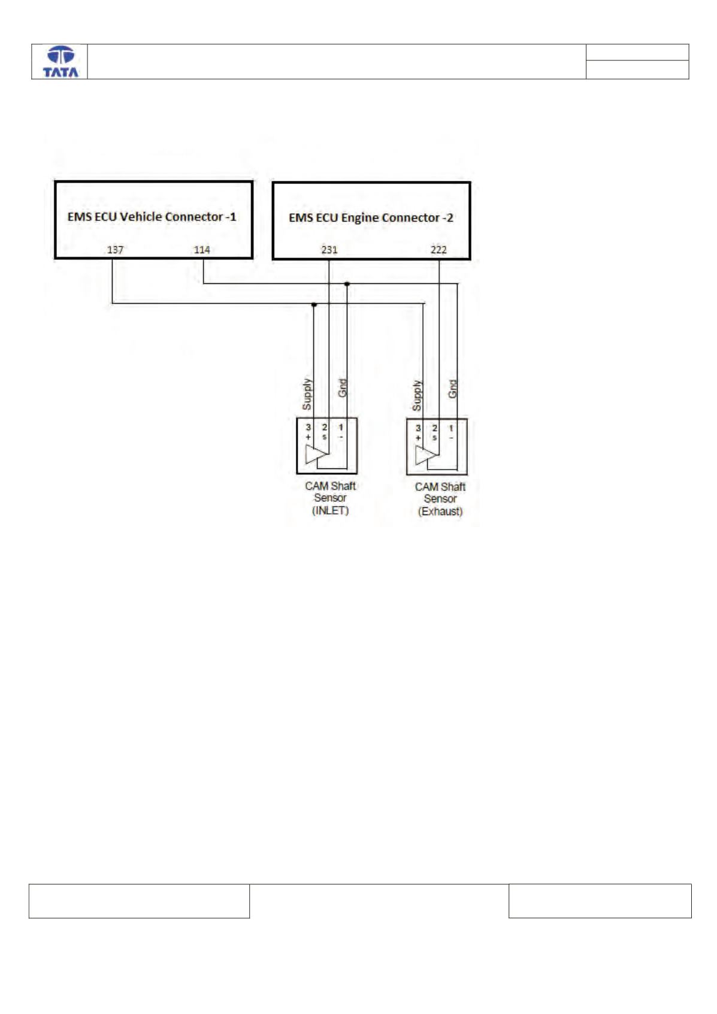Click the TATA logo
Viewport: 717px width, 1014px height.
[x=60, y=62]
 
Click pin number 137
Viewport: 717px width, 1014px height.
[x=115, y=250]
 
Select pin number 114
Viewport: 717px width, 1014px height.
[x=202, y=250]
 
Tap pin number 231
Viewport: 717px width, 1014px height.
[x=329, y=250]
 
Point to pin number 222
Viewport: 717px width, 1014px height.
[x=438, y=250]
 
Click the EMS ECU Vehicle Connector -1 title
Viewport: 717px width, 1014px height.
[x=152, y=217]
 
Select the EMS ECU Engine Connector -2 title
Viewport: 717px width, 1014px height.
[x=371, y=218]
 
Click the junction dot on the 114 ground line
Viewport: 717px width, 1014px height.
[x=347, y=284]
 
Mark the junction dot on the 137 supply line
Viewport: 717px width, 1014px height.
[x=314, y=305]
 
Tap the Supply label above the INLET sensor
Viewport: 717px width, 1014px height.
[x=307, y=394]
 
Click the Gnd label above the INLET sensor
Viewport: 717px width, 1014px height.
[x=342, y=388]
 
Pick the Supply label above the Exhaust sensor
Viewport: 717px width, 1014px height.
[x=416, y=396]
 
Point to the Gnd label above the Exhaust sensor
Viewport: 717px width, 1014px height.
[x=452, y=389]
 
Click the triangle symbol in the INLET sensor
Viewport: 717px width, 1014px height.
[x=316, y=455]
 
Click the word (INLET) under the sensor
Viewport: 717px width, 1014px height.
[x=331, y=511]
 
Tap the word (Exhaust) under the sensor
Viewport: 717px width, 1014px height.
[x=440, y=511]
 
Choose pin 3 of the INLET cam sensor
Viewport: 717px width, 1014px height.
[x=308, y=427]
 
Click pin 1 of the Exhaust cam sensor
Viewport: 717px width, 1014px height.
[x=451, y=428]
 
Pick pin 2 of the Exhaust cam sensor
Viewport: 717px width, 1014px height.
[x=434, y=428]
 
